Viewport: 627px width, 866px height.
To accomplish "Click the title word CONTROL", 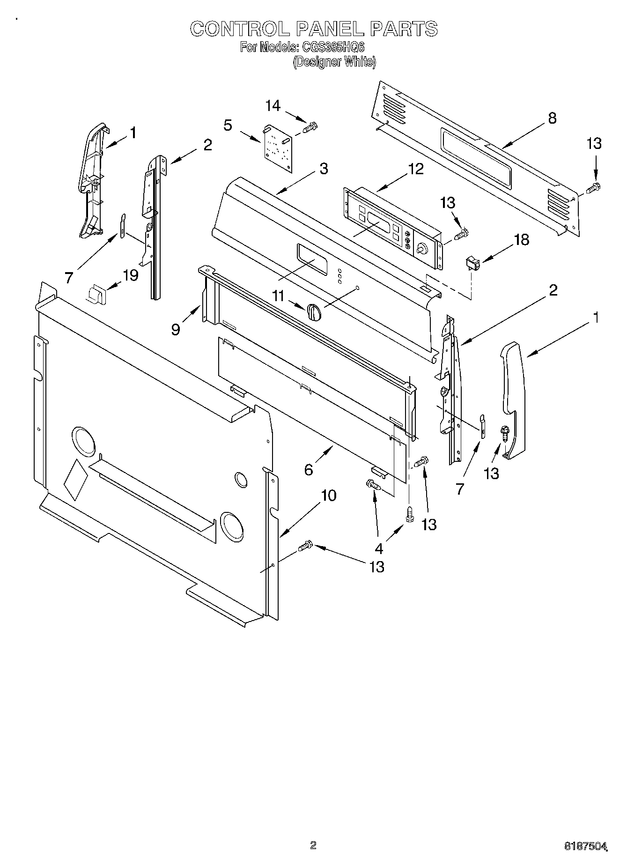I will pos(239,29).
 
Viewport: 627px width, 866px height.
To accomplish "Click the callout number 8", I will pos(552,118).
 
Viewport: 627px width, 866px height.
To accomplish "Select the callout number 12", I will pos(415,169).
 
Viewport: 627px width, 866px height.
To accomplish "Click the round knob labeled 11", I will pos(313,311).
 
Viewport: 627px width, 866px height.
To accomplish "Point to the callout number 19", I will pos(130,275).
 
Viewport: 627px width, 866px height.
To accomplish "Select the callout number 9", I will pos(176,329).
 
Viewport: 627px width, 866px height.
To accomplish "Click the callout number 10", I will pos(329,495).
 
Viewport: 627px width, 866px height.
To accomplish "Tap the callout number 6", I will pos(308,469).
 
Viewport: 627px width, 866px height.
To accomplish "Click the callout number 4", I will pos(378,549).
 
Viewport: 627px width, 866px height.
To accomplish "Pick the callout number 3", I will pos(324,169).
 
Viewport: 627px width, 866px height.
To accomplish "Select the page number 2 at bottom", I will pos(313,844).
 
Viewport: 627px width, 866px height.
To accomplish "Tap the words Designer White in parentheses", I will pos(334,61).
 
